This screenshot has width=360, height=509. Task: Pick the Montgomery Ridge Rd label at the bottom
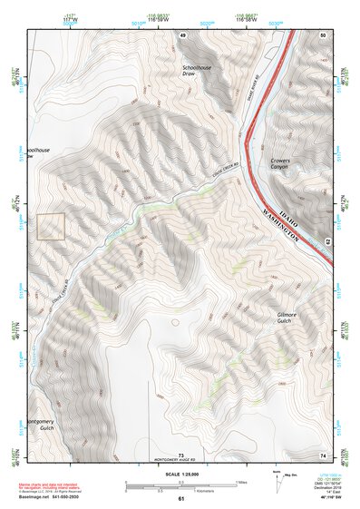tap(180, 460)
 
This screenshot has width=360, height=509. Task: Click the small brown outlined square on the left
tap(51, 227)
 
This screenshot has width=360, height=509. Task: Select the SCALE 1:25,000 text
tap(180, 474)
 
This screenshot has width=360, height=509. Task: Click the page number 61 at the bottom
tap(180, 499)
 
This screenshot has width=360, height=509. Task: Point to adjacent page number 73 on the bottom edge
tap(180, 454)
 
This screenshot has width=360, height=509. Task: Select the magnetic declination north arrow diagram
tap(277, 481)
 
